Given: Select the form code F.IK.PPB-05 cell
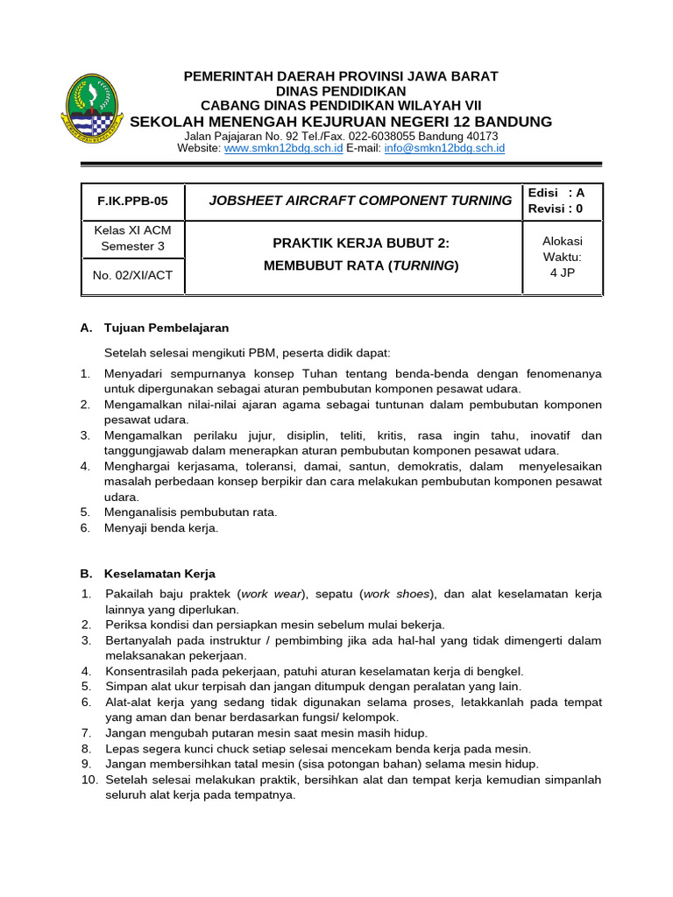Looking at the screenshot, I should [132, 201].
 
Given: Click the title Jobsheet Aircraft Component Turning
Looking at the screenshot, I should [360, 201].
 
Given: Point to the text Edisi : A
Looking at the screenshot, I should [556, 193].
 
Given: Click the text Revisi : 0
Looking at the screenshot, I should [555, 208].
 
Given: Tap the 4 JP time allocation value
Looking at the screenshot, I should [562, 272].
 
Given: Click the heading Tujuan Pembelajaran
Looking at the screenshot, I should [166, 328].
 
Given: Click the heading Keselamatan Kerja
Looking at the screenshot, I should [159, 574].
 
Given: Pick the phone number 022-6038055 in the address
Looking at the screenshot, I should [372, 137].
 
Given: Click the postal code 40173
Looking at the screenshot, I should [482, 137].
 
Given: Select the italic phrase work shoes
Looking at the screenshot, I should [397, 594].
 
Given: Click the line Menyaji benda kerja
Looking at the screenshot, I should [161, 527].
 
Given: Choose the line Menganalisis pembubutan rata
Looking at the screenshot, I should [191, 512].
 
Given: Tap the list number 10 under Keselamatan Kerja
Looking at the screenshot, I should [89, 779].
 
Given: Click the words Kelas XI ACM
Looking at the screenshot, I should [132, 231].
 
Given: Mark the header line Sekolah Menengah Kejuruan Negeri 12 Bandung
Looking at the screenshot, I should [340, 121].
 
